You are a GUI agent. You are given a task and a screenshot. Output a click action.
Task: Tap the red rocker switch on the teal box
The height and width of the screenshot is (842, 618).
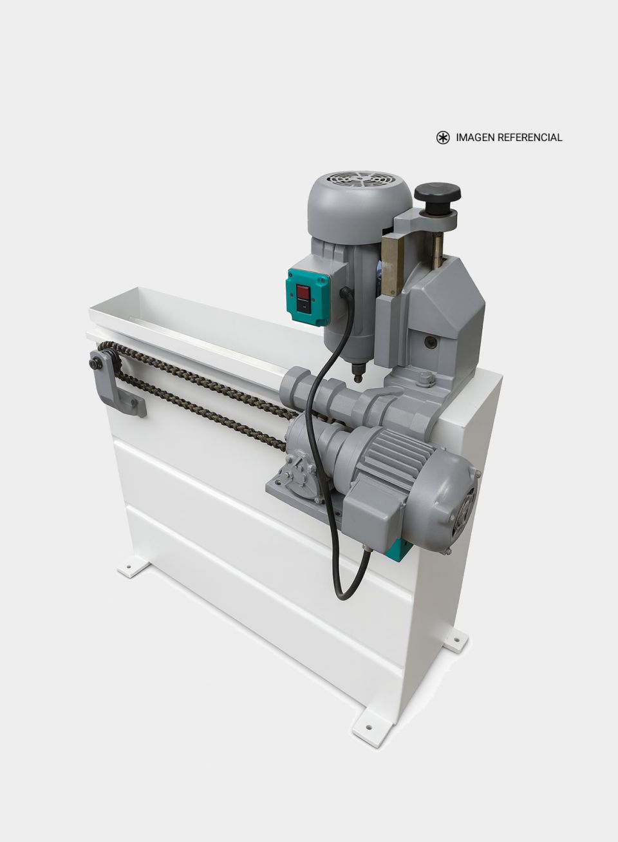pos(303,292)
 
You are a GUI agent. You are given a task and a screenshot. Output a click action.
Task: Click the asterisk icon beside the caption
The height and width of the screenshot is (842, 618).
pos(443,138)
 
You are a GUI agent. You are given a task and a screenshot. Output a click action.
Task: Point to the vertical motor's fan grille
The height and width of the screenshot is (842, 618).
pos(360,181)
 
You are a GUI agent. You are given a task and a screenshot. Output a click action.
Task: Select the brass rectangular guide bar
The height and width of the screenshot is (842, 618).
pos(393,264)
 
